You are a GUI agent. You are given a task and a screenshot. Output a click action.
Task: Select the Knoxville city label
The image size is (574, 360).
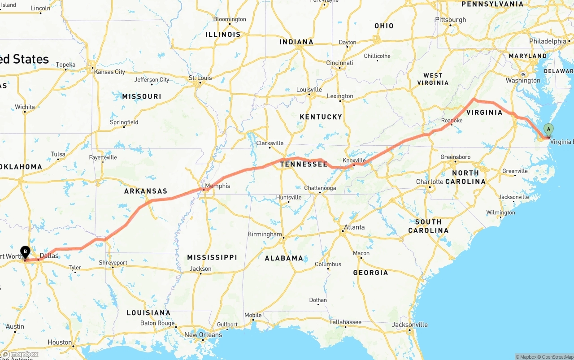pyautogui.click(x=354, y=160)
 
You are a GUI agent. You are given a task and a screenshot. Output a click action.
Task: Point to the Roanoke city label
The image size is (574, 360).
pyautogui.click(x=452, y=120)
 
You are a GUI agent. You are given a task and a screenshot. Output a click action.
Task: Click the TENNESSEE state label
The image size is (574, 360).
pyautogui.click(x=304, y=164)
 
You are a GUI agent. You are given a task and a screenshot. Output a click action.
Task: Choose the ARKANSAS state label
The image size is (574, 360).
pyautogui.click(x=145, y=191)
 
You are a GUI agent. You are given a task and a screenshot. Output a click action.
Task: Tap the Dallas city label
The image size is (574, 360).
pyautogui.click(x=49, y=256)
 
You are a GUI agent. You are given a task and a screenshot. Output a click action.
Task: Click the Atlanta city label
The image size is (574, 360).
pyautogui.click(x=354, y=227)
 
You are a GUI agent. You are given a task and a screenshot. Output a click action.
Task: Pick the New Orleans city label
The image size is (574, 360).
pyautogui.click(x=203, y=334)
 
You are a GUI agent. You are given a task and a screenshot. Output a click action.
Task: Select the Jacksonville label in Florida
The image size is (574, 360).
pyautogui.click(x=410, y=325)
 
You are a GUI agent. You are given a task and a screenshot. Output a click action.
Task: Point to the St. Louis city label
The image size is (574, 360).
pyautogui.click(x=200, y=78)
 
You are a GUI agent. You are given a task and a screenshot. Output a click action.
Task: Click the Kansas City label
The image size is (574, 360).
pyautogui.click(x=109, y=72)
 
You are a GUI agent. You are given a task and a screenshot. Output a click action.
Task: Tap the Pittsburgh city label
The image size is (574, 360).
pyautogui.click(x=450, y=20)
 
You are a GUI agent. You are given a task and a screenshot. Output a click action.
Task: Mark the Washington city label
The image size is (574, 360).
pyautogui.click(x=523, y=81)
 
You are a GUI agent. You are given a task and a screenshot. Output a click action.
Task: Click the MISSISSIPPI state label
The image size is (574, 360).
pyautogui.click(x=212, y=257)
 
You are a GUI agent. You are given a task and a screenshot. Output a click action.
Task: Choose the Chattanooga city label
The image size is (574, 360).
pyautogui.click(x=320, y=188)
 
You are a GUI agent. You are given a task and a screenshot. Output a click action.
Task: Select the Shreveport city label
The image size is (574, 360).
pyautogui.click(x=113, y=263)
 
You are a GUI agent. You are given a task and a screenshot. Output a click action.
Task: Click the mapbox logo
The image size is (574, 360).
pyautogui.click(x=20, y=354)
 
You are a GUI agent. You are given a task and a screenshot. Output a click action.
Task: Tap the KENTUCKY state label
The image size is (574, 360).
pyautogui.click(x=321, y=117)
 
